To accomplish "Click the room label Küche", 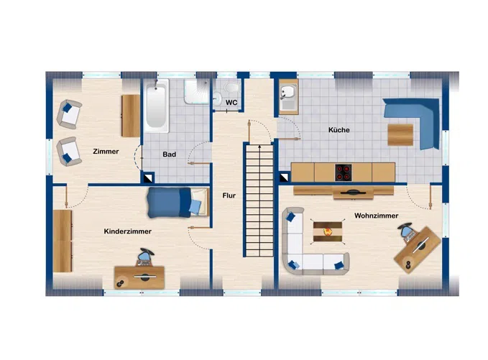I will point(339,130).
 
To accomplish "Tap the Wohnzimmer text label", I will point(376,215).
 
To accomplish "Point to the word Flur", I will point(229,195).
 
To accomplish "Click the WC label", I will point(231,103).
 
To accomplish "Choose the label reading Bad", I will point(170,154).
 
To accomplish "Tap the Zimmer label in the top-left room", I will point(106,151).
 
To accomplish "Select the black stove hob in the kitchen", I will point(344,172).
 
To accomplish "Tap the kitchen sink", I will point(287,93).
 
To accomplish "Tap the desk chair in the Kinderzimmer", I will point(145,256).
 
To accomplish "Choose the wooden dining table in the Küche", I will point(400,134).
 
